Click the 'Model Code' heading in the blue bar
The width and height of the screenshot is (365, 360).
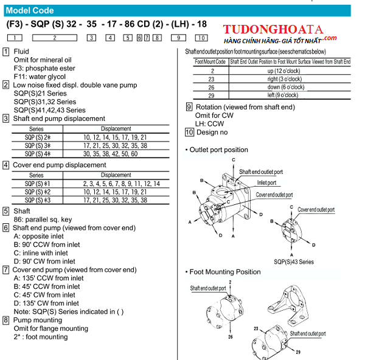[x=30, y=10]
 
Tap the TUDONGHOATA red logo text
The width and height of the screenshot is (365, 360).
[x=273, y=30]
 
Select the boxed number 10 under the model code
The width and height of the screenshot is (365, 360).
[x=201, y=38]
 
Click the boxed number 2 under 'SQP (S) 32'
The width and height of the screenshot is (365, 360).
[x=55, y=38]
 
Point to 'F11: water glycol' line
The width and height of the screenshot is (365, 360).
[x=40, y=77]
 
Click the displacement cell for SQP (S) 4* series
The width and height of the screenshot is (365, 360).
[x=110, y=154]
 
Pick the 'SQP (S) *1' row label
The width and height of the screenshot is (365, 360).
[x=37, y=184]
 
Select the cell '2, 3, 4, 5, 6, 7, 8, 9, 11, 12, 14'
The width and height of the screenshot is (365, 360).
[x=122, y=184]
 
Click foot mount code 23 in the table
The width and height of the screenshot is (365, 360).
[x=211, y=79]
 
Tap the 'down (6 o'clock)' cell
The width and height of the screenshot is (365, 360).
[x=286, y=88]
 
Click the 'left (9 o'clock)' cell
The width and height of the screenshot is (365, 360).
[x=283, y=95]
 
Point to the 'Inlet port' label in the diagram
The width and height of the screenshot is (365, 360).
[x=266, y=183]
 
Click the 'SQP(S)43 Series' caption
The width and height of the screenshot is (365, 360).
[x=294, y=262]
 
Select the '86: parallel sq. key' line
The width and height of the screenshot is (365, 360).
[x=43, y=220]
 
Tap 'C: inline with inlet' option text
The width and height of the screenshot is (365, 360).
[x=41, y=253]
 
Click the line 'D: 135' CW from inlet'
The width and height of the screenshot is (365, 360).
[x=46, y=303]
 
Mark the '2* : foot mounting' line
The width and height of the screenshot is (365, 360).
[x=41, y=337]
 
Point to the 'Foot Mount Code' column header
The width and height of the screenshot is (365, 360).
[x=210, y=61]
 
